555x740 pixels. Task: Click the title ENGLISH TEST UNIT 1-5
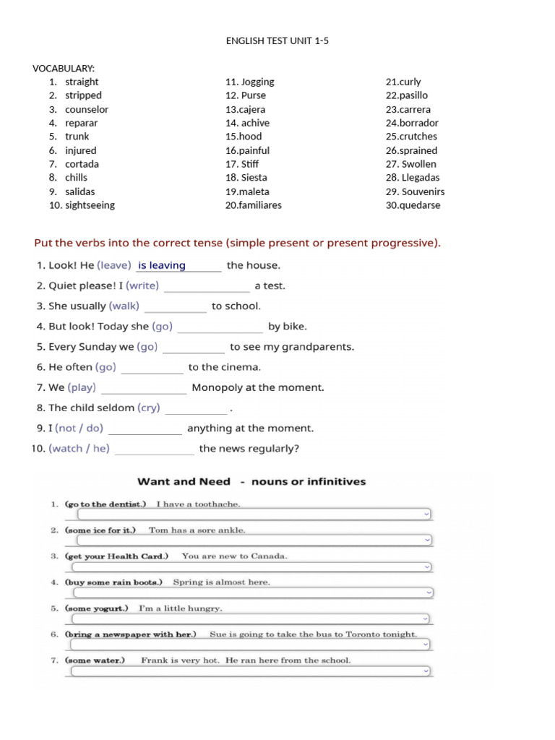[x=277, y=41]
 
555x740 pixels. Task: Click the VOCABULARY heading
[x=64, y=69]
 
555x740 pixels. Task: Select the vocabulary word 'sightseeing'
[x=90, y=205]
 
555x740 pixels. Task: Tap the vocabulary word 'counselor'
[x=87, y=110]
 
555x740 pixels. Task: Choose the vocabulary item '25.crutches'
[x=411, y=137]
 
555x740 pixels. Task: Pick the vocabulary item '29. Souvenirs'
[x=415, y=192]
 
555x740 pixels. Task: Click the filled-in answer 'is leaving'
[x=162, y=266]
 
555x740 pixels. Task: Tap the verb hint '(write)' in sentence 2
[x=142, y=286]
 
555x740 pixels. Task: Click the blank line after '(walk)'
[x=175, y=307]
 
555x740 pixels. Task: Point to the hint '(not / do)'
[x=79, y=429]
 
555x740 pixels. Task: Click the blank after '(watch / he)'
[x=154, y=449]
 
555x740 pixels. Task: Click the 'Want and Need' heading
[x=184, y=482]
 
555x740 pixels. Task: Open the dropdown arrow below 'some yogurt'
[x=426, y=619]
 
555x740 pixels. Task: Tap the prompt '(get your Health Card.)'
[x=116, y=556]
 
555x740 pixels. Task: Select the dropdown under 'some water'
[x=250, y=671]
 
